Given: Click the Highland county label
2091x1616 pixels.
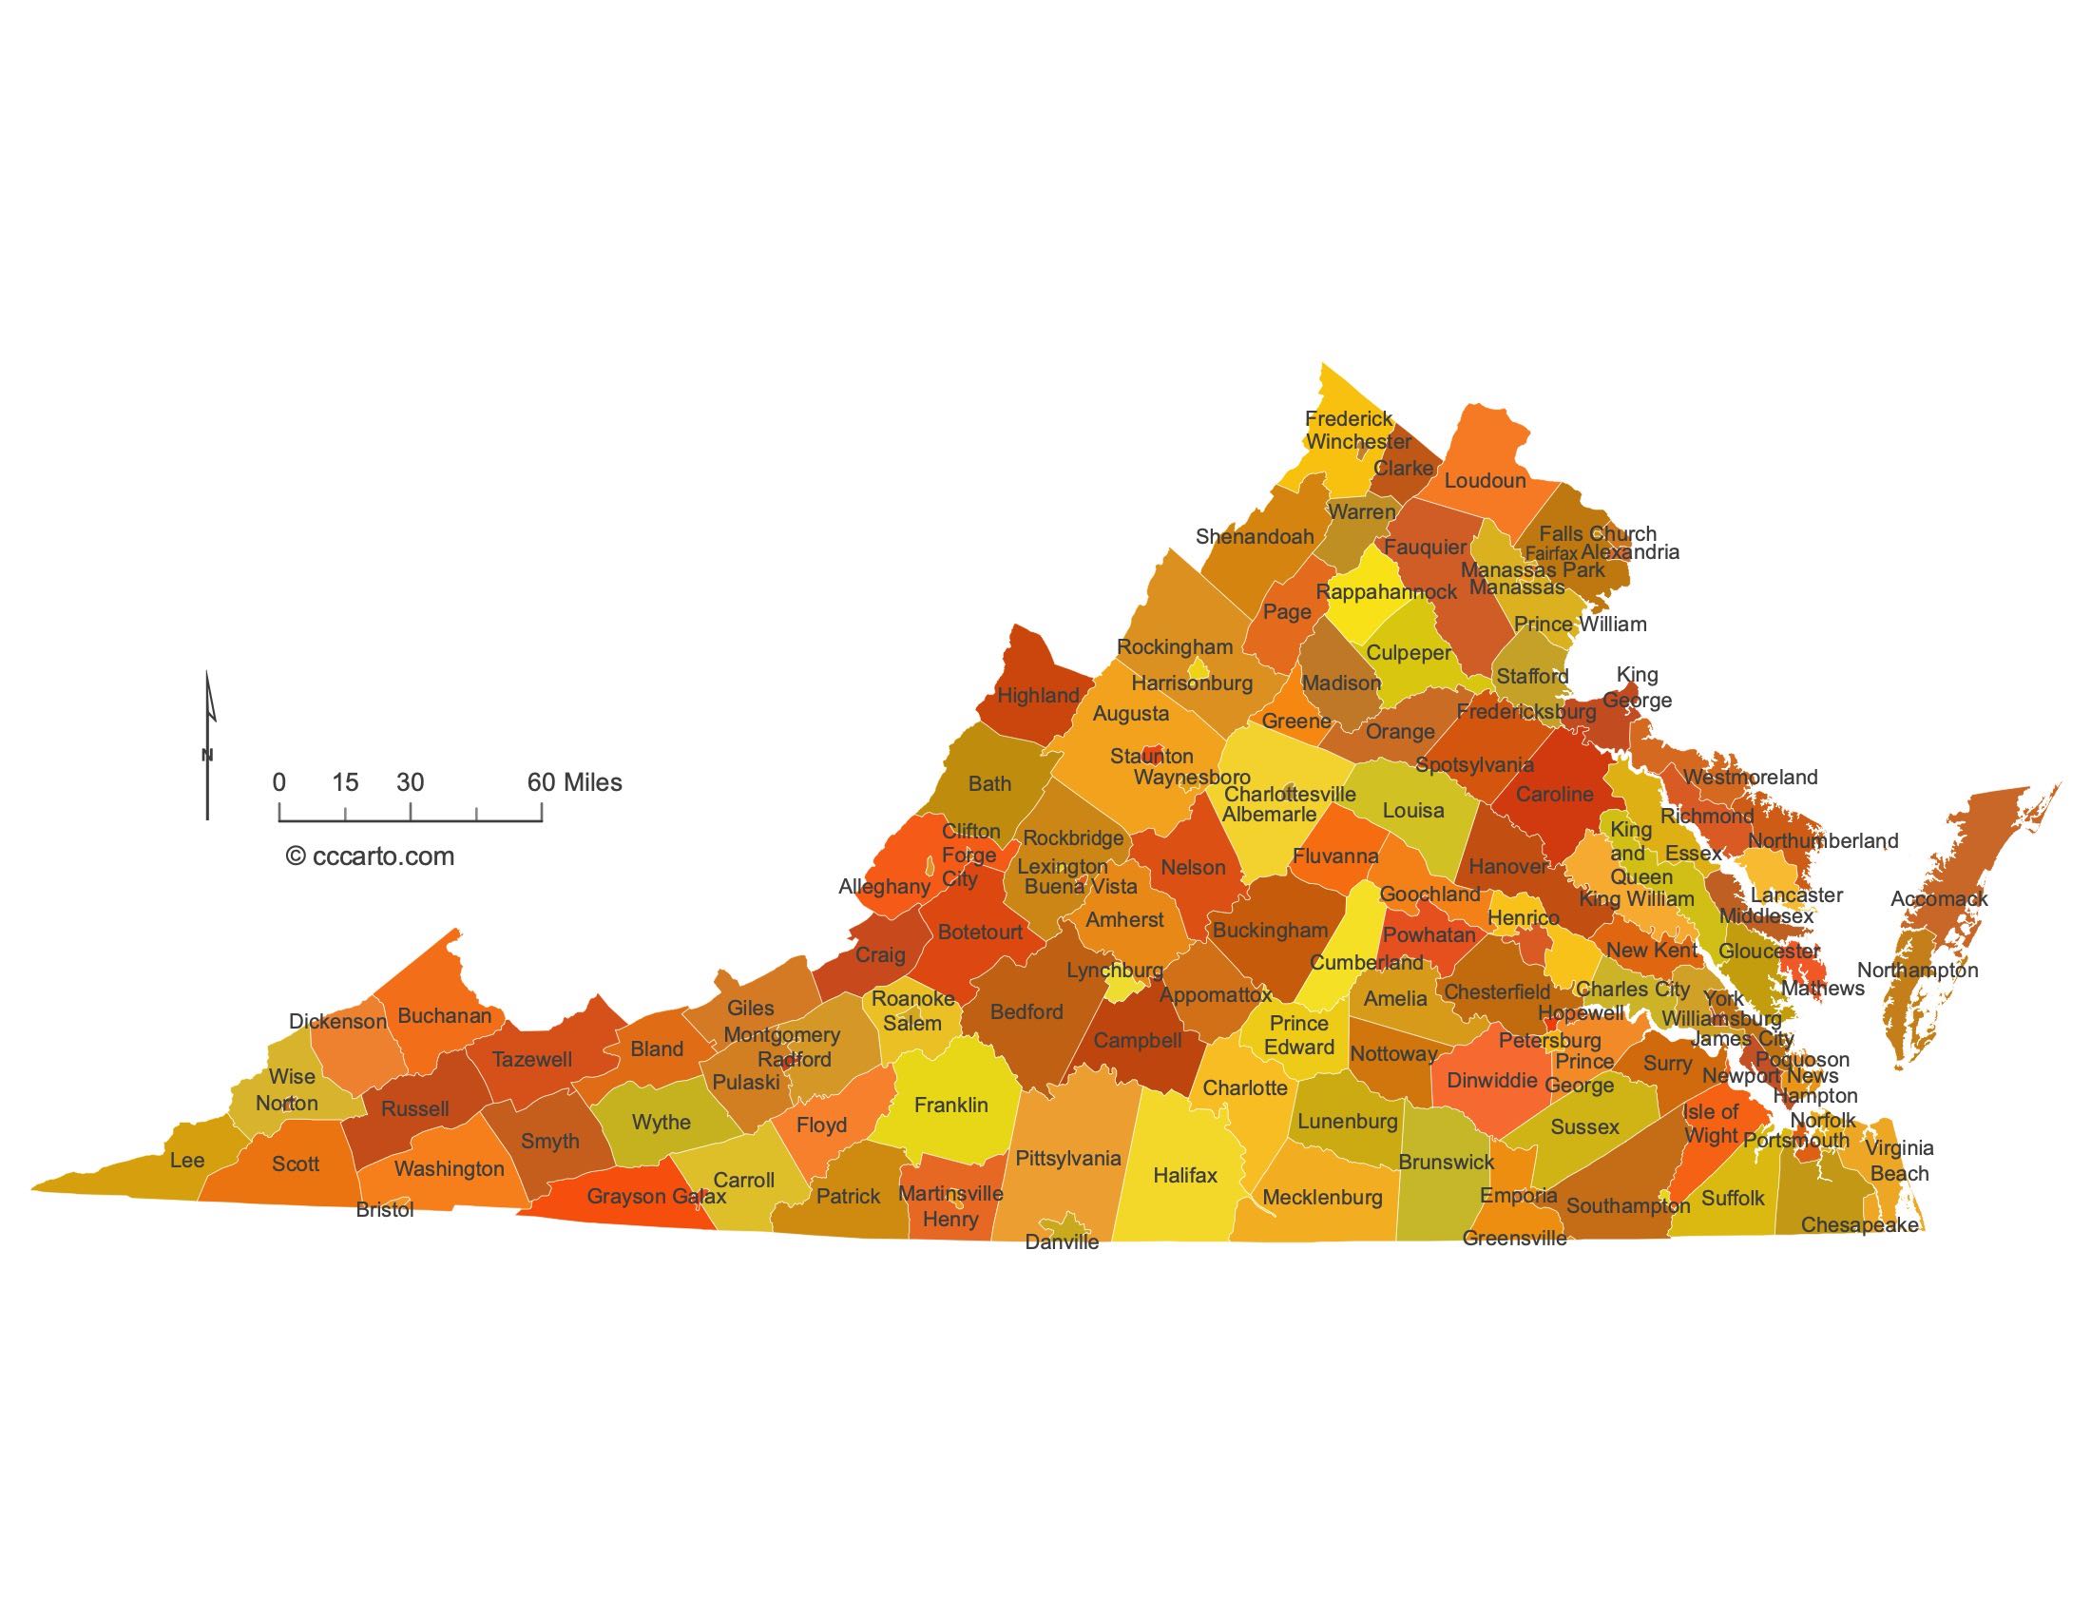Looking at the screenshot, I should [x=1038, y=695].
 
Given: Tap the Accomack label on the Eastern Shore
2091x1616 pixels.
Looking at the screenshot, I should [x=1939, y=898].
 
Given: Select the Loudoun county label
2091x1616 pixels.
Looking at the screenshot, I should [x=1485, y=481].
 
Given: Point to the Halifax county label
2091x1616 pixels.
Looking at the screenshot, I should [x=1184, y=1175].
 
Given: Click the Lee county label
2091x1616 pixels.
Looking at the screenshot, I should [x=186, y=1161].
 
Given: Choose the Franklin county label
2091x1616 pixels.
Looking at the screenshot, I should [x=950, y=1105].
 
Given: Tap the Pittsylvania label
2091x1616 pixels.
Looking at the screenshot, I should [x=1067, y=1159].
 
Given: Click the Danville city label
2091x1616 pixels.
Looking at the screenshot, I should [x=1062, y=1241].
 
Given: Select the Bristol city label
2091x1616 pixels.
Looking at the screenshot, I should [x=385, y=1209].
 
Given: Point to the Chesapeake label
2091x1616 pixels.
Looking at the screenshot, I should [x=1859, y=1224].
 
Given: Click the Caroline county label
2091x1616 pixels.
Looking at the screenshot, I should [x=1555, y=794].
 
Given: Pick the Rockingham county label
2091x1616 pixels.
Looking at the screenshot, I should [x=1175, y=646].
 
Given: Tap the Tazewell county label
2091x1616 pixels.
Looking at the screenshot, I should [x=531, y=1059].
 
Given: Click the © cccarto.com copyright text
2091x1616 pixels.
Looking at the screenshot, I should [x=370, y=856].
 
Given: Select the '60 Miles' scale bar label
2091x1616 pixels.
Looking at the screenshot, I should [x=574, y=782].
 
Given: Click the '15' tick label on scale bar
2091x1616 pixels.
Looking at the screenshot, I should [x=345, y=782].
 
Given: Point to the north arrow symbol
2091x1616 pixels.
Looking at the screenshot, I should [x=208, y=746].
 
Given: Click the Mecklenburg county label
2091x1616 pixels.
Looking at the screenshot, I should [x=1322, y=1197].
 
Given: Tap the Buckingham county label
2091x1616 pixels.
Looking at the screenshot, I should [x=1271, y=930].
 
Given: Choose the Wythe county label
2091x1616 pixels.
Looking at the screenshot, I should [x=661, y=1121].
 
